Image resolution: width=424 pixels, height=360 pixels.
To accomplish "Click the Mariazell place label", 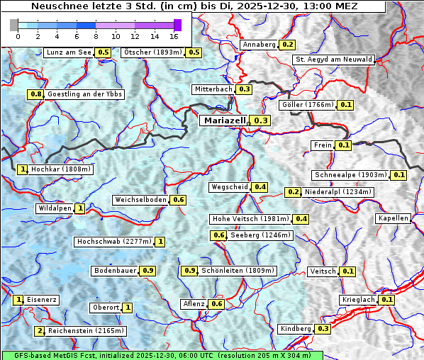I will click(223, 120).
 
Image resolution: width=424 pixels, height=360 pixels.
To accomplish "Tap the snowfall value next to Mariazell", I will click(261, 121).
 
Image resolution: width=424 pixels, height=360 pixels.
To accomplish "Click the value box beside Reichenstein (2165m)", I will click(39, 331).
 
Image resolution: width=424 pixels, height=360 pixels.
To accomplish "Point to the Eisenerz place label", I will click(42, 300).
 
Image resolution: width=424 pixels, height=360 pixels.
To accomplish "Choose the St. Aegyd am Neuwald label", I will click(333, 60).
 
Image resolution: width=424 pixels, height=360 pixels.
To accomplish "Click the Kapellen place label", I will click(394, 218).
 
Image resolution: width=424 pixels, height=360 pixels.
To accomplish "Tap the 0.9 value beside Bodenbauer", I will click(147, 271).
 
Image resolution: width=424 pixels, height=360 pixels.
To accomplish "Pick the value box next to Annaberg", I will click(287, 45).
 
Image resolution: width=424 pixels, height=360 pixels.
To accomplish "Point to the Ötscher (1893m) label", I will click(152, 52).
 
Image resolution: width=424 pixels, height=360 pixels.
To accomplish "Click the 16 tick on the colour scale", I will click(174, 35).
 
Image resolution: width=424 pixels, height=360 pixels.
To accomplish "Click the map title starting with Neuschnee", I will click(194, 6).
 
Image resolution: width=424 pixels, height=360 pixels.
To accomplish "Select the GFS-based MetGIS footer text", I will click(161, 355).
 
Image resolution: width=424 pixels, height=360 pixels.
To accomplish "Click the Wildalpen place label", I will click(55, 208).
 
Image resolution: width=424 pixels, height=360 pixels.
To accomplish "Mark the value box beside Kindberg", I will click(323, 329).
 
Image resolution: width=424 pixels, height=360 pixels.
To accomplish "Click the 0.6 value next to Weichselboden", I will click(178, 201).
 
